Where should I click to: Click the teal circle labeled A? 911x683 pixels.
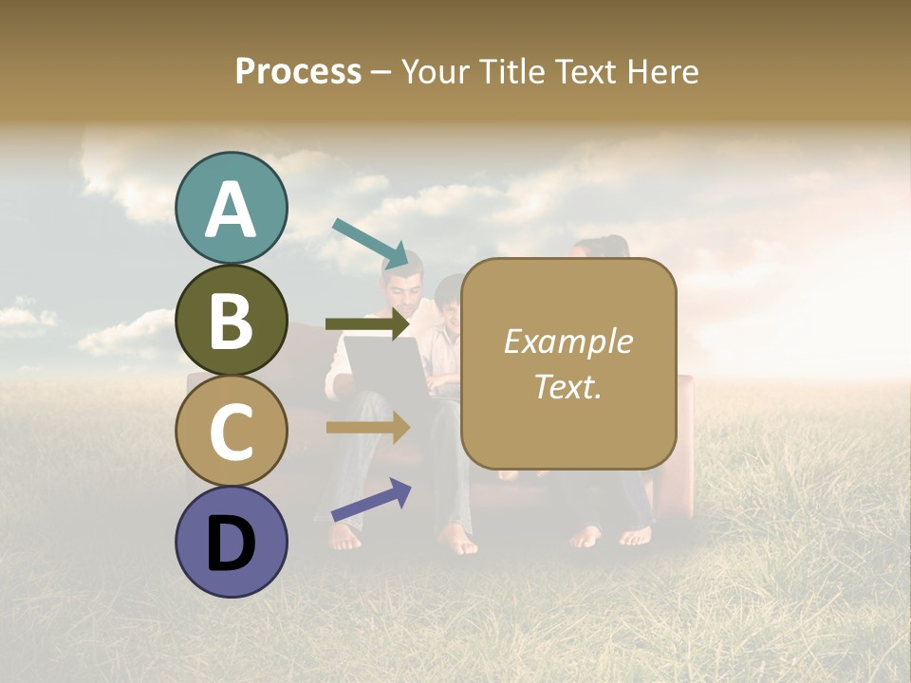[232, 209]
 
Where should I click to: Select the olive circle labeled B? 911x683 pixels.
[232, 321]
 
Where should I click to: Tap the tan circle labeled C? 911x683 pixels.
[232, 431]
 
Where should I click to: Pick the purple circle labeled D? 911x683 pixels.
[232, 542]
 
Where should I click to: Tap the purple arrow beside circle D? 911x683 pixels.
[371, 500]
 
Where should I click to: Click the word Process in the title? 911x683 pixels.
[298, 71]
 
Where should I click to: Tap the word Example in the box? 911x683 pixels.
[567, 341]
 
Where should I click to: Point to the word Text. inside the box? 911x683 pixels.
[567, 386]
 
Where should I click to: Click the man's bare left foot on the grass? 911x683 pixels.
[345, 537]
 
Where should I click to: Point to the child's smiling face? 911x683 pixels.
[447, 308]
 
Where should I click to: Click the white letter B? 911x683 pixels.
[232, 321]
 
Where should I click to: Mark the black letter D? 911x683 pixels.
[232, 544]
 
